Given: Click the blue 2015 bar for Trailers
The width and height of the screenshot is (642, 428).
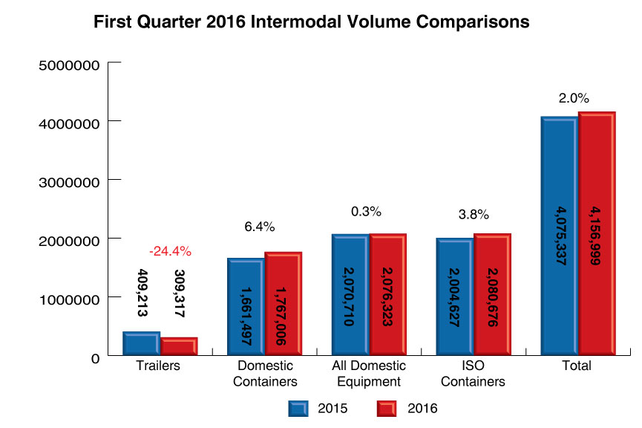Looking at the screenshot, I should tap(141, 344).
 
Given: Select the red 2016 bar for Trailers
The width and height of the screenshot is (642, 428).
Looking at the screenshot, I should tap(179, 347).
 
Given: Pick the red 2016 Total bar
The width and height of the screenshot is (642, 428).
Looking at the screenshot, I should tap(597, 234).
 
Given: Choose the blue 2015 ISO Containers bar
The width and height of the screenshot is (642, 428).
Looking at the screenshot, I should tap(454, 297).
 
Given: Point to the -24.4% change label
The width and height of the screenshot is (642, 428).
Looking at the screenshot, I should tap(170, 251).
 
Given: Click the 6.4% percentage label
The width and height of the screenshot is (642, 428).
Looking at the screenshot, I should tap(260, 227).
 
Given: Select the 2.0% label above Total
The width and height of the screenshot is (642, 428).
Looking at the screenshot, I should tap(574, 98).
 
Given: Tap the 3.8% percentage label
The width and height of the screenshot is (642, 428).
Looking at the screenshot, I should tap(474, 215).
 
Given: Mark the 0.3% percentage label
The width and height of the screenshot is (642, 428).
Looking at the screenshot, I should tap(366, 212).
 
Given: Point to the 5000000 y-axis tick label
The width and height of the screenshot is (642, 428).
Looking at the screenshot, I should tap(68, 65).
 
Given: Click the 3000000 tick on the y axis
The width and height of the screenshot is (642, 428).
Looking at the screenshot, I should tap(68, 181).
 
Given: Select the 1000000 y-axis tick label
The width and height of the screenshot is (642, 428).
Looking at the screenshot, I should tap(68, 299).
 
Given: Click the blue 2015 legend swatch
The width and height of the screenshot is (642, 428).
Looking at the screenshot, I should tap(299, 407).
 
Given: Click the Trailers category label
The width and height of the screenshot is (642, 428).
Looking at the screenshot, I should tap(158, 366).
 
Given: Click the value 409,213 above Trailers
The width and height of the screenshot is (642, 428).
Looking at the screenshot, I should tap(141, 294).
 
